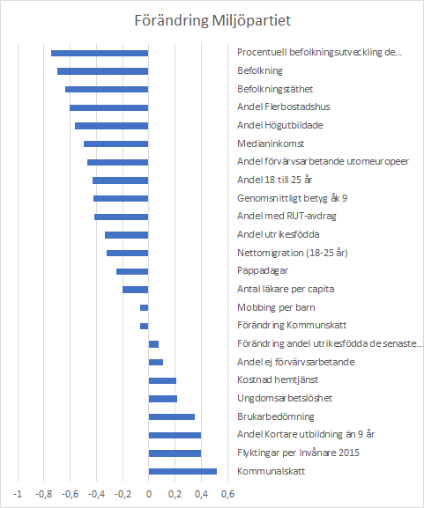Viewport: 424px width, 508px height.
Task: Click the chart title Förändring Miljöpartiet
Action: click(x=212, y=20)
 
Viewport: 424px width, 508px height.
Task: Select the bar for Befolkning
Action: click(x=103, y=71)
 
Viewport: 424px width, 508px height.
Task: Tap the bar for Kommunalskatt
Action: click(x=182, y=471)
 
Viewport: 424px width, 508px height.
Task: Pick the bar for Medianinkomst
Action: click(x=116, y=144)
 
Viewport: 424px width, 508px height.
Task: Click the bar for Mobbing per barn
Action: click(x=145, y=308)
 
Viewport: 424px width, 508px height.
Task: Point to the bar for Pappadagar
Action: click(x=132, y=271)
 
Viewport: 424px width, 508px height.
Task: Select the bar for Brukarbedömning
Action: click(x=172, y=416)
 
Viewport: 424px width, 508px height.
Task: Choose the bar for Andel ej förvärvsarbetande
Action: click(x=156, y=362)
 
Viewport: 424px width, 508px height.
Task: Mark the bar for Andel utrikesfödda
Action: click(x=127, y=235)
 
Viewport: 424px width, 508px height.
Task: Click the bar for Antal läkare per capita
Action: click(x=136, y=290)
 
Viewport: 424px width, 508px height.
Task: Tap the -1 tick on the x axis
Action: click(x=18, y=494)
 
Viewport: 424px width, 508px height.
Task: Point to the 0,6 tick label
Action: click(x=227, y=494)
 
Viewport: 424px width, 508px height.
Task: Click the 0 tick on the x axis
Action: click(x=149, y=494)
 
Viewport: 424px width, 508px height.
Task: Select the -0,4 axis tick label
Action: click(x=96, y=494)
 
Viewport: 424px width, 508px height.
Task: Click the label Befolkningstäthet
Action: click(x=275, y=89)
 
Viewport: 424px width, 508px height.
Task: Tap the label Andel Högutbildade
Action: click(x=280, y=125)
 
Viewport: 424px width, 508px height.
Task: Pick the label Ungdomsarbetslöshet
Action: click(x=285, y=398)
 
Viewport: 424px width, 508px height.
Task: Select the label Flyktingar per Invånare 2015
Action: click(x=298, y=453)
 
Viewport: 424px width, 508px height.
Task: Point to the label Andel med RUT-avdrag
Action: click(x=286, y=216)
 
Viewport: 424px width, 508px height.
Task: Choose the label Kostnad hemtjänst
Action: click(x=278, y=379)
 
